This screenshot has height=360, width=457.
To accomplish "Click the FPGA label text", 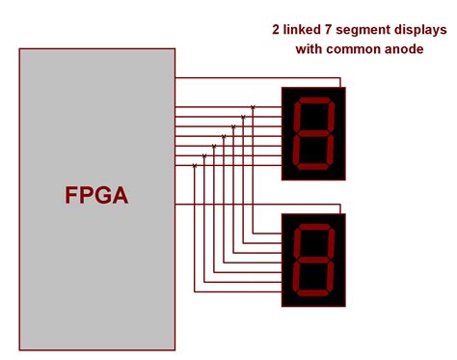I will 96,195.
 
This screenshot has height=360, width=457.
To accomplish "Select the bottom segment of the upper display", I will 312,166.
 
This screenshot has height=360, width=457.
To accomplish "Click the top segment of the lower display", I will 316,230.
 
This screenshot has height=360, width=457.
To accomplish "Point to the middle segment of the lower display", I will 314,261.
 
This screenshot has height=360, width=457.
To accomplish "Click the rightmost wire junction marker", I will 253,107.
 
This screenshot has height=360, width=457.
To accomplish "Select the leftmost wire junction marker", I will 195,166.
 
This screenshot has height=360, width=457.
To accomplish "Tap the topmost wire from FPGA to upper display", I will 231,78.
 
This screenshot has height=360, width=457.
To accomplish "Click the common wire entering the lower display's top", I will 340,208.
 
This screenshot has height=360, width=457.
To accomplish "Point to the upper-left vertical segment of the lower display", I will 298,245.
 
